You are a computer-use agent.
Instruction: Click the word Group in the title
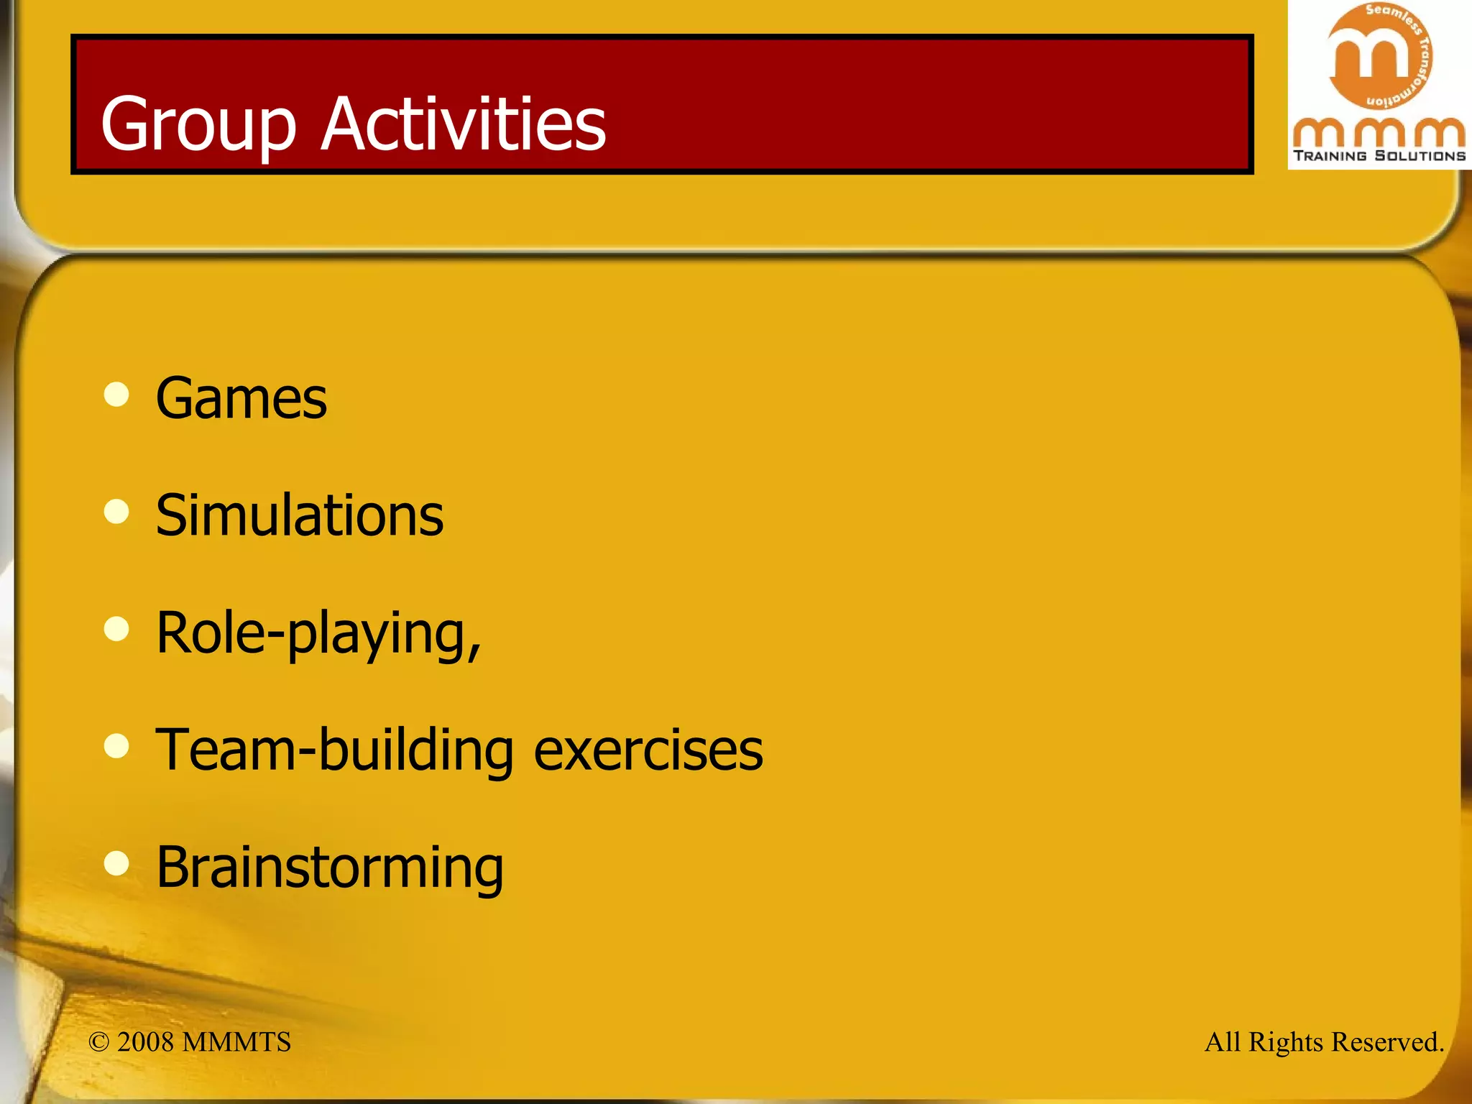tap(198, 125)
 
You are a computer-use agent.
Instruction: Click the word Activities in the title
tap(464, 124)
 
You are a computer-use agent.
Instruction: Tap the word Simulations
tap(300, 515)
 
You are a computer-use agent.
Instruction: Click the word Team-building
tap(334, 750)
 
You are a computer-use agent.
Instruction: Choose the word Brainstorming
tap(330, 868)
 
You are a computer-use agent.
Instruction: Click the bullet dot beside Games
tap(116, 394)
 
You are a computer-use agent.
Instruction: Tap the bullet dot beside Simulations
tap(116, 512)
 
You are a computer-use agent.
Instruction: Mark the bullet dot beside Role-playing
tap(116, 629)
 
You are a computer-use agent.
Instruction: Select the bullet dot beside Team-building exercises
tap(116, 746)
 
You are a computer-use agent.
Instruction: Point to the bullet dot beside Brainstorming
tap(116, 863)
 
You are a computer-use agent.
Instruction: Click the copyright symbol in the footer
tap(98, 1042)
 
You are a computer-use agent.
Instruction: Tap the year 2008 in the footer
tap(145, 1042)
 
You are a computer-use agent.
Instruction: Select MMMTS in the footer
tap(236, 1042)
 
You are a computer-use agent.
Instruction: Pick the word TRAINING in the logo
tap(1330, 156)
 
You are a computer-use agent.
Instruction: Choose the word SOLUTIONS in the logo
tap(1420, 156)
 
